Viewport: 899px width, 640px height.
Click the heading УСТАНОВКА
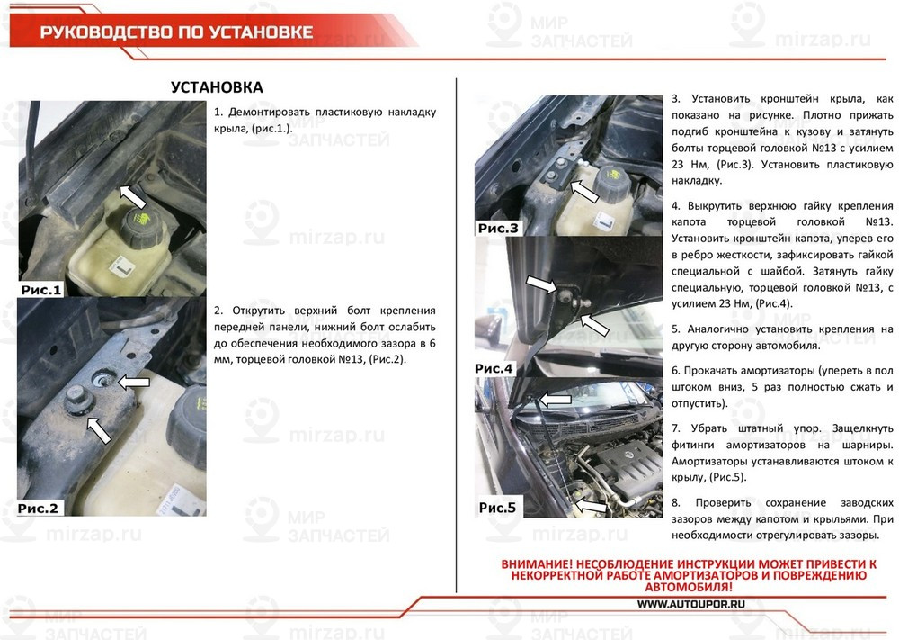coord(217,87)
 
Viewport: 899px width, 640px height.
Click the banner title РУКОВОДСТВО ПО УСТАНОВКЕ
coord(176,32)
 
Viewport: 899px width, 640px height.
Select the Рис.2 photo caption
coord(38,509)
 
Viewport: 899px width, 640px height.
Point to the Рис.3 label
coord(498,229)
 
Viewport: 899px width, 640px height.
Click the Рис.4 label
coord(494,368)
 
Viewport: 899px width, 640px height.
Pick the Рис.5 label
coord(497,508)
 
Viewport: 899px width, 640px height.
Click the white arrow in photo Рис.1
coord(132,195)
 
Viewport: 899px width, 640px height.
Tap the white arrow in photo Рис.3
coord(584,192)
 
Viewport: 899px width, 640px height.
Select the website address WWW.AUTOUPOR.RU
coord(691,605)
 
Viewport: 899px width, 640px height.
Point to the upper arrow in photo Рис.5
coord(555,399)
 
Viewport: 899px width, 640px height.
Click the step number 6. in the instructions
coord(677,371)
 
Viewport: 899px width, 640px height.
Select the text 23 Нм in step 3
coord(687,165)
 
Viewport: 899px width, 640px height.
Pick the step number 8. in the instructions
coord(677,501)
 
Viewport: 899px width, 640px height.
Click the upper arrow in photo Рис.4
coord(542,285)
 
